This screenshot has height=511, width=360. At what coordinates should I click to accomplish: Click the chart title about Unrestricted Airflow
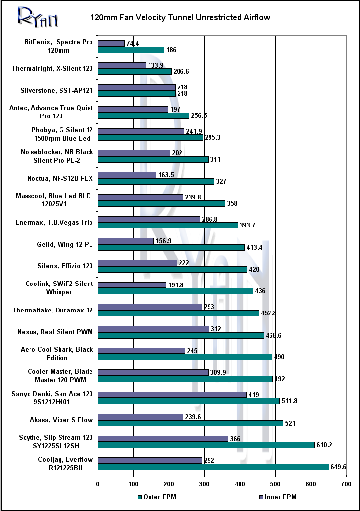[180, 18]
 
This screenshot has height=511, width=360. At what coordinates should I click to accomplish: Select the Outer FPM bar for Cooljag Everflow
[213, 467]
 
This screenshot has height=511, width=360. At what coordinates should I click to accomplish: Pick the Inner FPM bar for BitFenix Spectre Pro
[111, 43]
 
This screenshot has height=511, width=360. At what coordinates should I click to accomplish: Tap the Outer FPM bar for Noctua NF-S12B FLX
[156, 181]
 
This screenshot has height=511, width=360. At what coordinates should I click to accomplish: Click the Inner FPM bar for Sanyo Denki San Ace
[172, 395]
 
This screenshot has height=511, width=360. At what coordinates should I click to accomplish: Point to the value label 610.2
[325, 445]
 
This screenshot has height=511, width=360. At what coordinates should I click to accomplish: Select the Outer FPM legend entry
[157, 497]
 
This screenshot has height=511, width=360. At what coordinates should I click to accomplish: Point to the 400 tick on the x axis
[240, 485]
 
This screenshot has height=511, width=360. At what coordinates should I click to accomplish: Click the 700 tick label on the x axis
[346, 485]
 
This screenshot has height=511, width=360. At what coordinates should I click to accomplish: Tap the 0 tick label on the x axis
[98, 485]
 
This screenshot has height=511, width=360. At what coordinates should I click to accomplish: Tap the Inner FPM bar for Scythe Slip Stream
[163, 438]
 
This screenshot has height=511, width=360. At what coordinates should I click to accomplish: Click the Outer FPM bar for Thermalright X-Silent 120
[134, 72]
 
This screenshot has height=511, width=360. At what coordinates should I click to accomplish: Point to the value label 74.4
[133, 43]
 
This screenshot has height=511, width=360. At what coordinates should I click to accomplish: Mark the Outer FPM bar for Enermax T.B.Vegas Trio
[168, 225]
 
